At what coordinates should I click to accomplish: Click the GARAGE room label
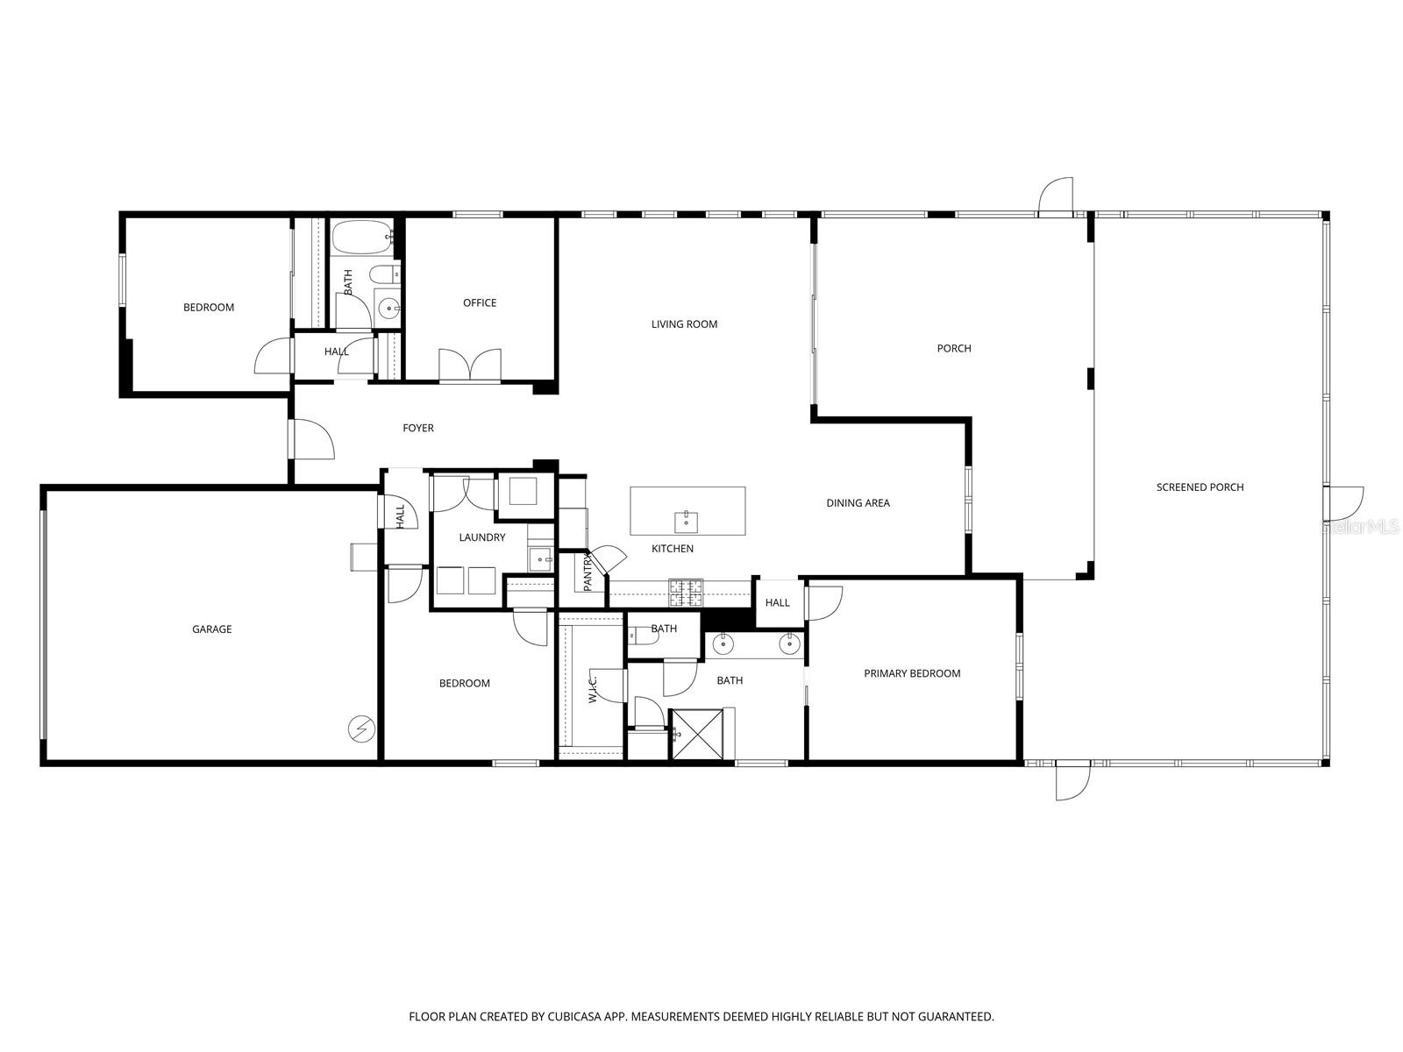(x=212, y=629)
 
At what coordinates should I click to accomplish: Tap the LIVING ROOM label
(x=684, y=324)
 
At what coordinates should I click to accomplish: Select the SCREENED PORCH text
(x=1200, y=487)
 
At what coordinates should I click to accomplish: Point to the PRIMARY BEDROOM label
(x=912, y=673)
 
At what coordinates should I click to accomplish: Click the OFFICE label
(x=480, y=303)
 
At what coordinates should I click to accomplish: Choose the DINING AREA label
(x=858, y=503)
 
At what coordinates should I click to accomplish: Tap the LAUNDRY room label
(x=482, y=537)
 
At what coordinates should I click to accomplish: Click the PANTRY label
(x=588, y=570)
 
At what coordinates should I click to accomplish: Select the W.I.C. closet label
(x=594, y=686)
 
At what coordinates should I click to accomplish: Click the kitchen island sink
(x=686, y=522)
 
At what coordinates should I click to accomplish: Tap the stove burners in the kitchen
(x=686, y=594)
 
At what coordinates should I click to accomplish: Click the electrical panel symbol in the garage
(x=360, y=728)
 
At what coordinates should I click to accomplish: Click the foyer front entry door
(x=311, y=439)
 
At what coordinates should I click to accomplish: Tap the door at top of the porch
(x=1055, y=197)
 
